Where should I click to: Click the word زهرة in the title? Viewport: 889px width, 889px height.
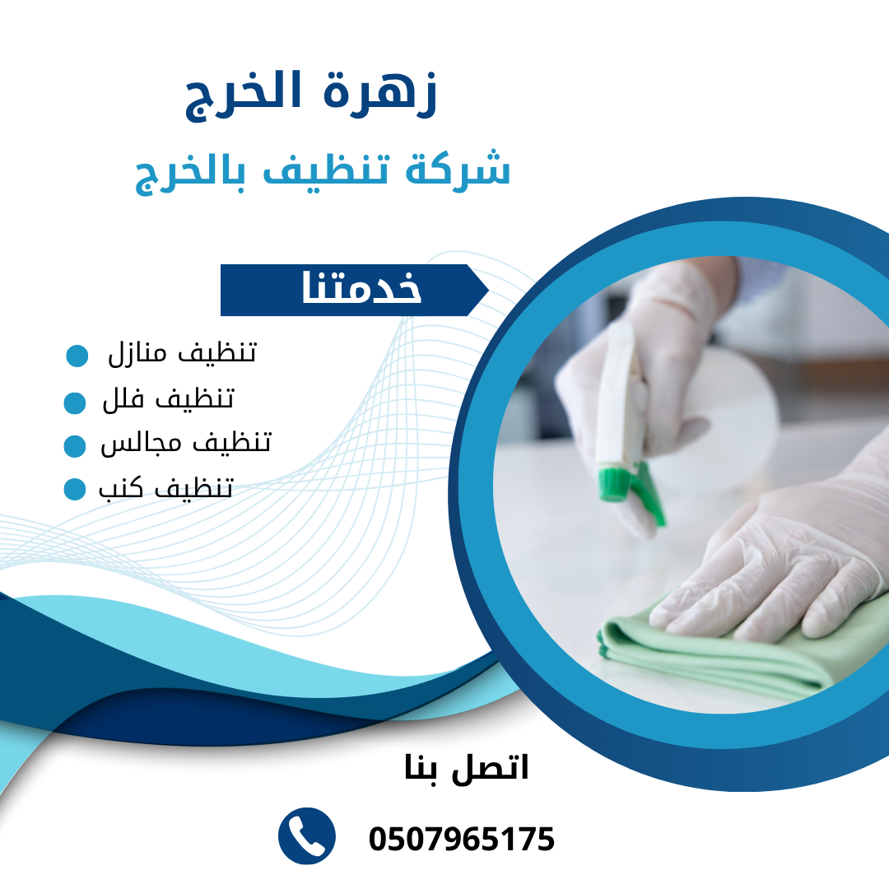[380, 94]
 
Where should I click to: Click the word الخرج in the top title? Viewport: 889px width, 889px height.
[243, 95]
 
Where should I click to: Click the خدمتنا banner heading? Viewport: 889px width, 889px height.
[361, 287]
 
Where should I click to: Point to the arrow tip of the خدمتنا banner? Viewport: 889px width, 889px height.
[488, 291]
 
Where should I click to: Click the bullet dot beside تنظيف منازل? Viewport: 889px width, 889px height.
[77, 356]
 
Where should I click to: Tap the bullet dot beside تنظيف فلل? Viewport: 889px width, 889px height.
[75, 403]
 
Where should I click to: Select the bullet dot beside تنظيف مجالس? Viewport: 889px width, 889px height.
[75, 446]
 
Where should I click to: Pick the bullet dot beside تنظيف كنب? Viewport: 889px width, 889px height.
[75, 489]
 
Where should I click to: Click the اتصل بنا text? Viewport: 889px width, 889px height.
[466, 769]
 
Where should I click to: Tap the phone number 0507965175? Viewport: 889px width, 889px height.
[462, 839]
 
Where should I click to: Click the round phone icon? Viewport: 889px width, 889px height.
[307, 836]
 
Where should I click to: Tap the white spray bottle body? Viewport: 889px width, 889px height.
[621, 397]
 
